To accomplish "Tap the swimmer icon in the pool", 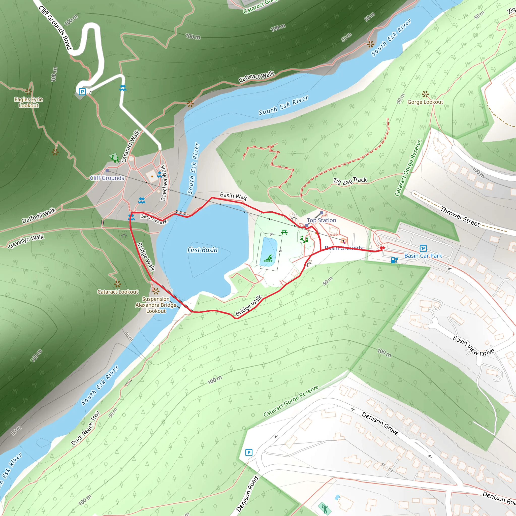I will click(x=268, y=258).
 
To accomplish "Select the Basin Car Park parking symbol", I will click(x=423, y=248).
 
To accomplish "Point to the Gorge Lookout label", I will click(x=425, y=102).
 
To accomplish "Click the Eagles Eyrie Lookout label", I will click(x=28, y=102).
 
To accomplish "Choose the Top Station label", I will click(x=321, y=220).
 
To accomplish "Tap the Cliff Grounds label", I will click(x=107, y=178).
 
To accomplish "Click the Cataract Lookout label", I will click(x=117, y=292).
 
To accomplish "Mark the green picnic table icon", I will click(x=284, y=232).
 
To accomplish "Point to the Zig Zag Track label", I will click(x=350, y=181).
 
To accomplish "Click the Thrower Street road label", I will click(x=460, y=217).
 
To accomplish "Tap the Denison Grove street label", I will click(x=380, y=424).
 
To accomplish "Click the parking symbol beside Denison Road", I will click(x=249, y=453).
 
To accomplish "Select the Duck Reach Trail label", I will click(x=85, y=428).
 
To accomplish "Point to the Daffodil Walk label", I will click(x=39, y=215).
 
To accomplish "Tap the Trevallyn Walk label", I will click(x=26, y=241).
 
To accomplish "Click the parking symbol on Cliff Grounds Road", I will click(x=82, y=92).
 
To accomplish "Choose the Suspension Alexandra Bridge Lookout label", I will click(x=156, y=305).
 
